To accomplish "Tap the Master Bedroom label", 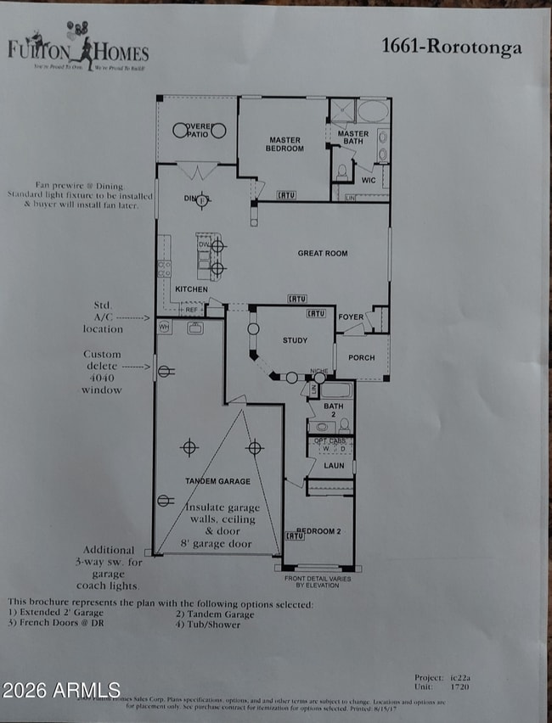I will click(x=286, y=144).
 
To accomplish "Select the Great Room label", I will click(x=322, y=253).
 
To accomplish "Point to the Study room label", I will click(x=295, y=340).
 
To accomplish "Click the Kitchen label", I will click(x=191, y=289).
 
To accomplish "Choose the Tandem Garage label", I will click(x=217, y=481).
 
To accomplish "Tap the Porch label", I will click(x=361, y=357).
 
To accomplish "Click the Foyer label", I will click(x=351, y=317).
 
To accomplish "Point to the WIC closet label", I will click(x=368, y=180).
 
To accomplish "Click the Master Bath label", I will click(x=352, y=138).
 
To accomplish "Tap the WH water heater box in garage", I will click(x=164, y=325).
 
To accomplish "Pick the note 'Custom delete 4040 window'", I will click(x=102, y=372).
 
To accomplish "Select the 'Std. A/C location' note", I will click(x=103, y=317).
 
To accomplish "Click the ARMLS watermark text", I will click(x=61, y=690).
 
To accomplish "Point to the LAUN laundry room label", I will click(x=334, y=465).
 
